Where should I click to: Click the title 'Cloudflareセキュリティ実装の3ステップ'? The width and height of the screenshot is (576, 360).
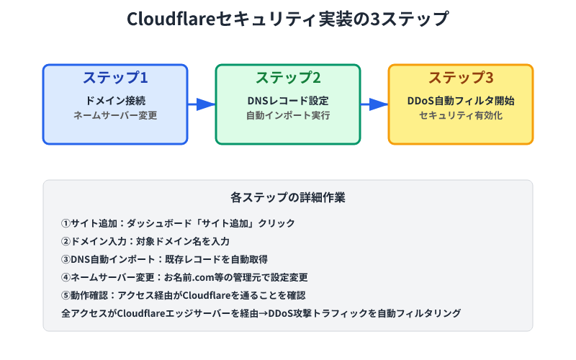coord(287,19)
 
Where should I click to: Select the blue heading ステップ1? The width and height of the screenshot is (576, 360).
coord(115,78)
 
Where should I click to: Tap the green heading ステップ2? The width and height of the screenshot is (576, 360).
coord(288,78)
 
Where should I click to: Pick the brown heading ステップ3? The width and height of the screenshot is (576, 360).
coord(461,78)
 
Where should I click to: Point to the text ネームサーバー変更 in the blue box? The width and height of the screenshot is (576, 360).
coord(115,115)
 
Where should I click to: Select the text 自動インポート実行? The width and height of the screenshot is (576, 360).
coord(288,115)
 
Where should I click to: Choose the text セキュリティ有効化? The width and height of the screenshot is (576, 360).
coord(461,115)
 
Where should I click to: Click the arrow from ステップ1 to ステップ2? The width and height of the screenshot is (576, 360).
coord(202,104)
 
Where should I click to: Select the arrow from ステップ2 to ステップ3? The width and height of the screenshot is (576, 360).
coord(375,104)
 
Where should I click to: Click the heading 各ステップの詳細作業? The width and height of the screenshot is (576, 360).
coord(288,197)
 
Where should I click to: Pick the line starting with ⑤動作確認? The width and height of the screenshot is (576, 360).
coord(184,295)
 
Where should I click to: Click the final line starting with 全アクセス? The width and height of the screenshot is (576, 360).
coord(262,313)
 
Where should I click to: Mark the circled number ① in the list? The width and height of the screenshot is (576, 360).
coord(67,223)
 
